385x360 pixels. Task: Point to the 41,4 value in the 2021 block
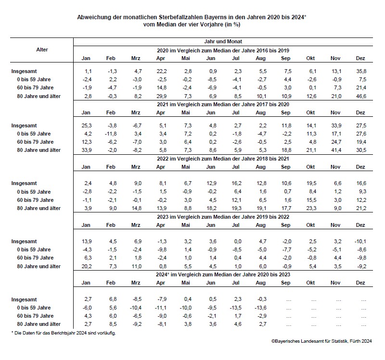click(x=335, y=150)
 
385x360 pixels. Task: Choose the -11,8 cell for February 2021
click(x=110, y=133)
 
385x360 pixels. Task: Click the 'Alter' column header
click(x=42, y=50)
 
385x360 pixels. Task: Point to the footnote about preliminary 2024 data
click(x=64, y=333)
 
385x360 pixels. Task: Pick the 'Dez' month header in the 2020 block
click(x=360, y=59)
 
